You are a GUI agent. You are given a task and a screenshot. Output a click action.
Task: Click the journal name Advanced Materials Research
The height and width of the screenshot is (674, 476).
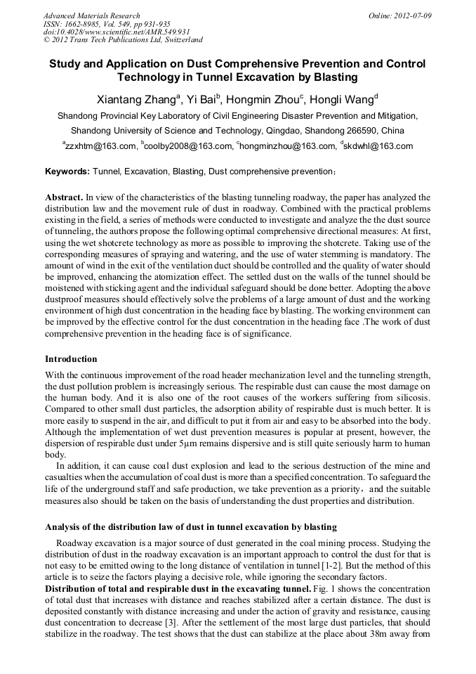pos(91,15)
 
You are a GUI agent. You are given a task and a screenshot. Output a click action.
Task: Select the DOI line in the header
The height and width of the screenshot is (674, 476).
pos(117,32)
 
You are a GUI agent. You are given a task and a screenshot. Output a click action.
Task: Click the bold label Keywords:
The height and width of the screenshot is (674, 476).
pos(67,171)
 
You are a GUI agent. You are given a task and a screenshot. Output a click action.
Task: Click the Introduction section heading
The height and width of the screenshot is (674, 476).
pos(71,359)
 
